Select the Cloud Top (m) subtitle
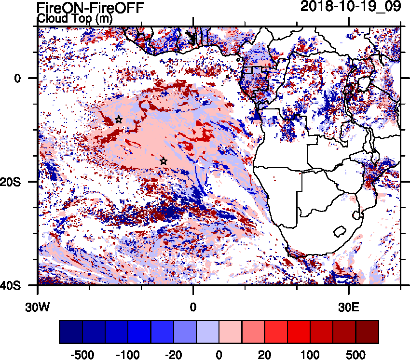(68, 19)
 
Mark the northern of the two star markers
(119, 120)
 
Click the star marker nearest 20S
(164, 161)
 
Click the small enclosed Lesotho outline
(341, 230)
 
